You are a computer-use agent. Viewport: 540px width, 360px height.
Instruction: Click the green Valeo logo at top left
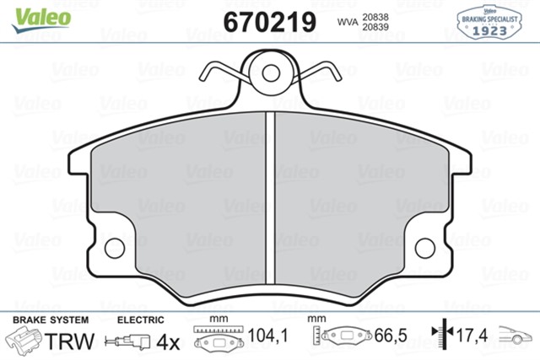click(41, 20)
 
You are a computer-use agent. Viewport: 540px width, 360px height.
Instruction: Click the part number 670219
click(270, 22)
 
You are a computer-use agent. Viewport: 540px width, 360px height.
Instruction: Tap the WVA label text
click(348, 22)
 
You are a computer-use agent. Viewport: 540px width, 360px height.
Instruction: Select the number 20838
click(375, 17)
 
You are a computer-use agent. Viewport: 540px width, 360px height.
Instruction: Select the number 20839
click(375, 27)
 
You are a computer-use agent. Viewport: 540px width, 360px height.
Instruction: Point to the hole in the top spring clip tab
click(271, 73)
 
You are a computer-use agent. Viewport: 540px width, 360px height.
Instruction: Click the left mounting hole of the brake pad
click(115, 248)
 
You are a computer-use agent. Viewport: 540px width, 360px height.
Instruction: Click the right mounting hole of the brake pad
click(425, 248)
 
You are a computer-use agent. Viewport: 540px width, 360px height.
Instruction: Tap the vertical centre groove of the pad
click(270, 198)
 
